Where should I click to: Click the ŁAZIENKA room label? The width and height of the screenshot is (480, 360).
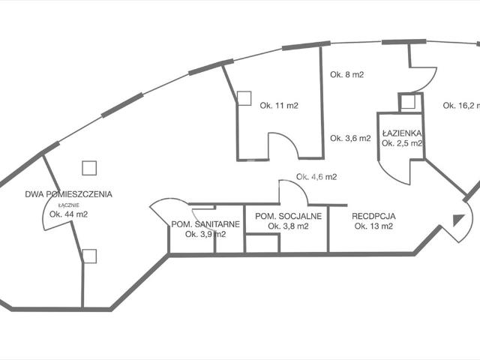402,133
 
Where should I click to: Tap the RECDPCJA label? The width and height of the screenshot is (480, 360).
373,217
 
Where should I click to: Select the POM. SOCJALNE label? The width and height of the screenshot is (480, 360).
288,217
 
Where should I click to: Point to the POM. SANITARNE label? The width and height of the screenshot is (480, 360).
205,224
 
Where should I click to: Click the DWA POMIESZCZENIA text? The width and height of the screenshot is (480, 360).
68,194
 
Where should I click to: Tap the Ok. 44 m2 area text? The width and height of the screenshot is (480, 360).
68,214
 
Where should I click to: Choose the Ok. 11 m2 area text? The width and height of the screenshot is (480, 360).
279,106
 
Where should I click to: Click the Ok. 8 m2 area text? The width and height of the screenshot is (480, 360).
346,75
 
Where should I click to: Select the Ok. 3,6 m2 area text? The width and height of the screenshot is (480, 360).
350,138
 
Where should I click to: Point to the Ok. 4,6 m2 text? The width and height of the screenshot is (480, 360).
316,177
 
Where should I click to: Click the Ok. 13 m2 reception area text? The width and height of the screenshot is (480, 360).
373,226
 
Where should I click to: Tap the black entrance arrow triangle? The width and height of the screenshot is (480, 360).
458,220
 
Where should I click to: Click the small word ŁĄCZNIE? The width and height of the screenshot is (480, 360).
69,205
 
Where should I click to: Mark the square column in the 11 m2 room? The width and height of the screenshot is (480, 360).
244,98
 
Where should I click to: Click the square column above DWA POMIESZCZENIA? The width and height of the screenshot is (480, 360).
89,168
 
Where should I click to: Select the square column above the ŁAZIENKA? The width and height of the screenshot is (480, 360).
408,101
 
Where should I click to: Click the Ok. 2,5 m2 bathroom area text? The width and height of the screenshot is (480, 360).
402,143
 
